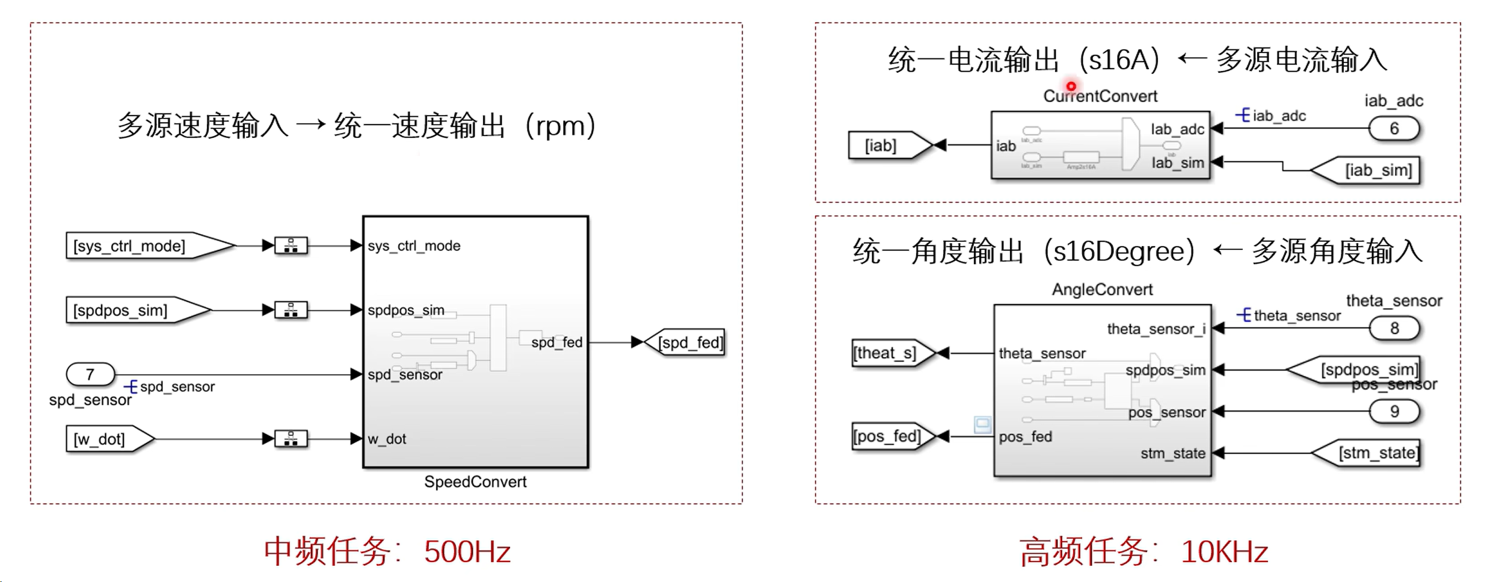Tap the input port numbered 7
click(90, 374)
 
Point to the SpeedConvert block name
click(475, 481)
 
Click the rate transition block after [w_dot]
click(291, 439)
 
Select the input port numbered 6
click(1394, 128)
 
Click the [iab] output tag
click(884, 145)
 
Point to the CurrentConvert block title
click(1100, 96)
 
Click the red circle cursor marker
click(1071, 86)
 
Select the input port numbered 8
click(1394, 328)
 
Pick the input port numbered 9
click(1394, 411)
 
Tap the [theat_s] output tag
click(888, 353)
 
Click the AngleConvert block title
click(1102, 289)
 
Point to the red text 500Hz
click(467, 551)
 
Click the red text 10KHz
click(1225, 551)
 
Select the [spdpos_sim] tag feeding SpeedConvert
click(129, 310)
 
